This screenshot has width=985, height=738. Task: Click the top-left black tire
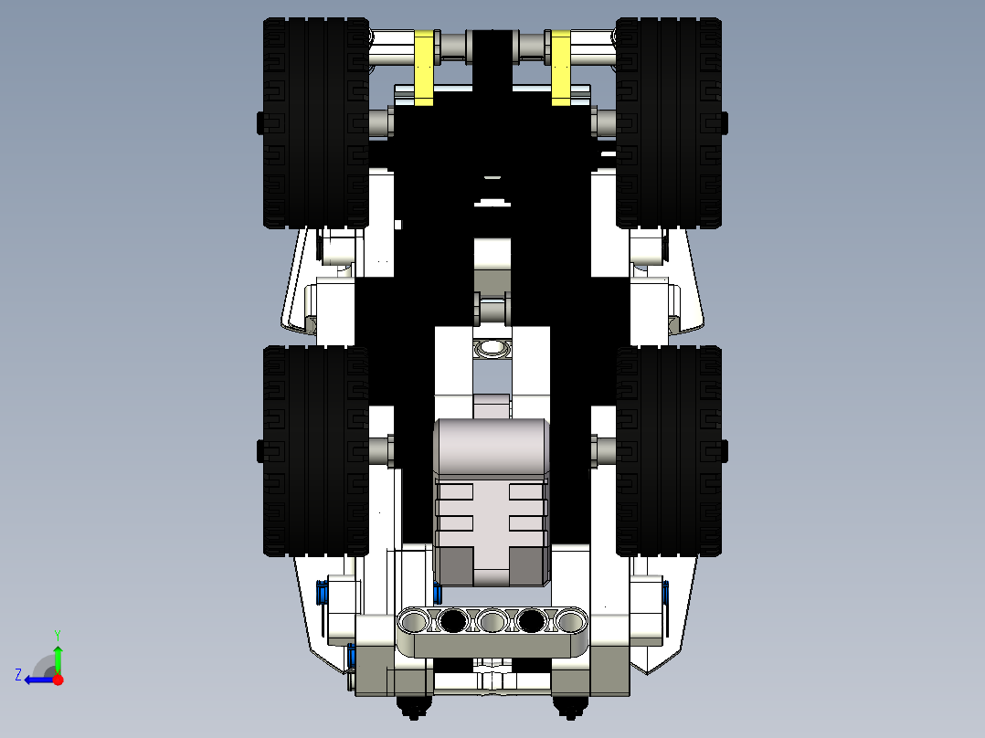pos(314,123)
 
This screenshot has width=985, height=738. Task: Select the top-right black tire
pos(668,123)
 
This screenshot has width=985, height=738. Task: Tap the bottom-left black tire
pos(314,450)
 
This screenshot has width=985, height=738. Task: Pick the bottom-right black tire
pos(668,450)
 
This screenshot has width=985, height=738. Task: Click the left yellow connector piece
pos(425,68)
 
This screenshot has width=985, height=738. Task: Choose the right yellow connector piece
pos(561,68)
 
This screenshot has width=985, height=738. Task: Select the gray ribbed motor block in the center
pos(491,502)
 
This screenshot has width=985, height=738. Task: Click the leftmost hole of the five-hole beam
pos(414,622)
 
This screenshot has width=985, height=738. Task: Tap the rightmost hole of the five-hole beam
pos(570,622)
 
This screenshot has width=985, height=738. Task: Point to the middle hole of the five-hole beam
pos(492,622)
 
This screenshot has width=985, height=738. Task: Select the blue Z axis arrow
pos(37,679)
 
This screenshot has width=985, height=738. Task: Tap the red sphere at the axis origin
pos(58,679)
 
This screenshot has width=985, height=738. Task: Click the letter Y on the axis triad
pos(57,634)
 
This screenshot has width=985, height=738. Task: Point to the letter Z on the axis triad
pos(18,675)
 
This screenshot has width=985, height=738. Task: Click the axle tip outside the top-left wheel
pos(259,121)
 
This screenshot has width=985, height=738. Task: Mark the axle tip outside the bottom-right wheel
pos(725,449)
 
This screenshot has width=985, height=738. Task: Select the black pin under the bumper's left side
pos(412,704)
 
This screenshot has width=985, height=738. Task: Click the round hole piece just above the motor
pos(492,347)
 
